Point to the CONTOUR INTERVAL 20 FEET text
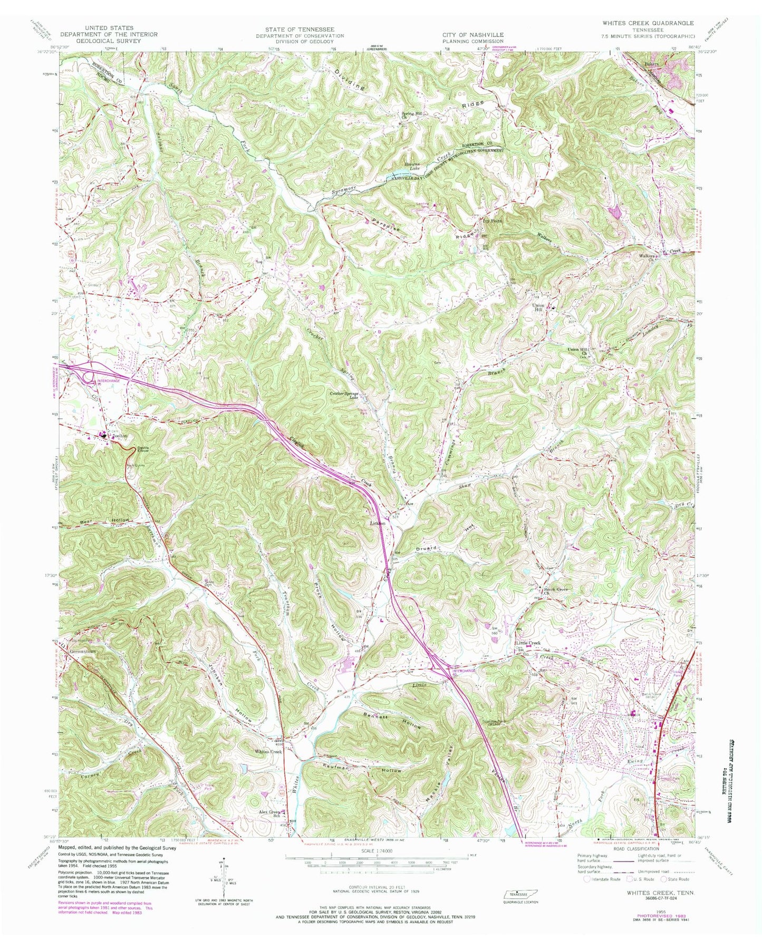[377, 887]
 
